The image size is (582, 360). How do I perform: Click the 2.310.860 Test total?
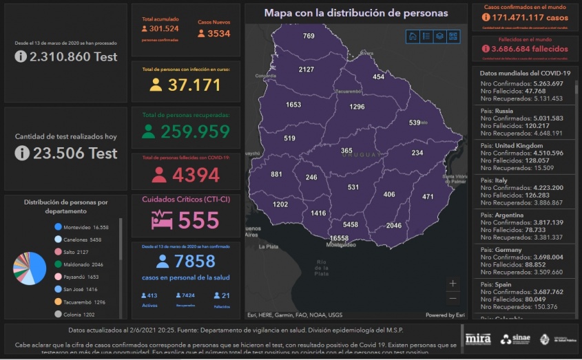(66, 57)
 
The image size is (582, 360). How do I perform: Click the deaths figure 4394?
(196, 176)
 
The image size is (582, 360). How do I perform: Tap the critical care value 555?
(198, 220)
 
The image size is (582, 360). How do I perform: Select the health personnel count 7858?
(195, 262)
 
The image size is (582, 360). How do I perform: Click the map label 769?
(309, 36)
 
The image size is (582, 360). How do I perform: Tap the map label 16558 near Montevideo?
(339, 238)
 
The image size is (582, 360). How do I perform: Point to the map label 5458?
(351, 225)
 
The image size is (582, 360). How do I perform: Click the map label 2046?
(393, 226)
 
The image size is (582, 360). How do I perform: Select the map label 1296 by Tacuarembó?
(357, 107)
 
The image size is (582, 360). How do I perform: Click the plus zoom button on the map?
(453, 283)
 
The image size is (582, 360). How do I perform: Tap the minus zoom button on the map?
(453, 298)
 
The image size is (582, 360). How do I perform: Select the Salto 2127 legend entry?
(77, 252)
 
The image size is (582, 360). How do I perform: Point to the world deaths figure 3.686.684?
(530, 50)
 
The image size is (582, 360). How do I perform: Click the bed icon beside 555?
(162, 220)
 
